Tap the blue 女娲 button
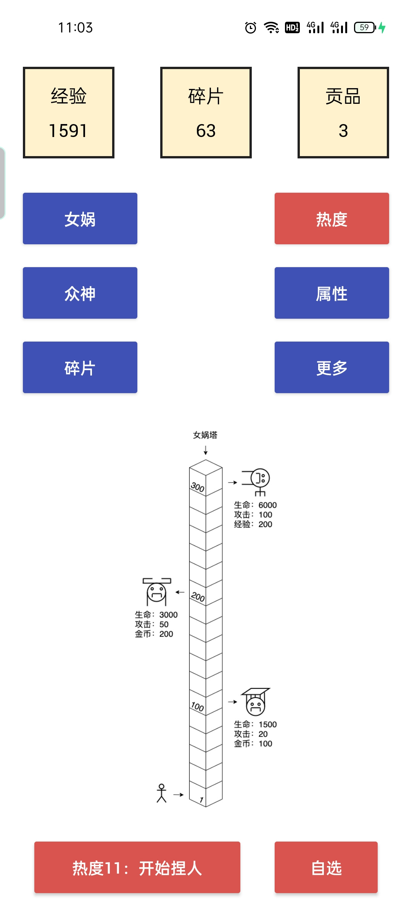click(80, 218)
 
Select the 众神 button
click(80, 293)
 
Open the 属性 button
click(332, 293)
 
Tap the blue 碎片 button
click(80, 367)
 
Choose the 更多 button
click(332, 367)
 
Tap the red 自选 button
click(326, 867)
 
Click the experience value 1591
click(68, 131)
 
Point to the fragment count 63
click(206, 131)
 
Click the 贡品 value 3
click(343, 131)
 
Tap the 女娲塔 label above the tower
click(205, 435)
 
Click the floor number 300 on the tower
click(198, 487)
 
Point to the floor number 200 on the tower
click(198, 597)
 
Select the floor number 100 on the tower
click(198, 706)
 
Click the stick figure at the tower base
click(161, 793)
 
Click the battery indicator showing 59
click(365, 27)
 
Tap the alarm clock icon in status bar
click(251, 27)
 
